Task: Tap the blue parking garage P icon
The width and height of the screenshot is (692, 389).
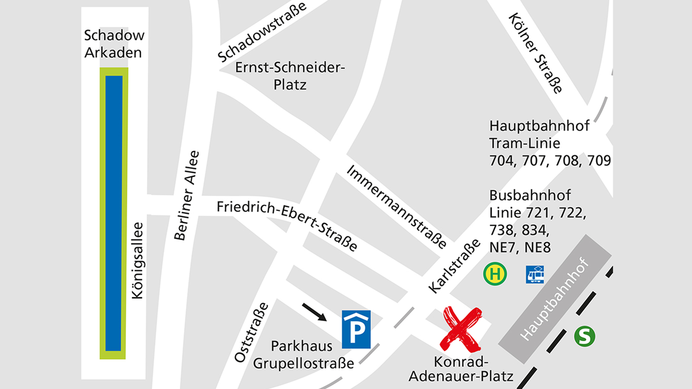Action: tap(356, 329)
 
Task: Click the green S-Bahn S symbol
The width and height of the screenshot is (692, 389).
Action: tap(584, 336)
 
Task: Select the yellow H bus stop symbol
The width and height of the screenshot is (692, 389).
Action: tap(495, 274)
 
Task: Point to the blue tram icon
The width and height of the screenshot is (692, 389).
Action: tap(535, 274)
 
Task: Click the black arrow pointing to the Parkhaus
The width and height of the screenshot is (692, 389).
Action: tap(314, 312)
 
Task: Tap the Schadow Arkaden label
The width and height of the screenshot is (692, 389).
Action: tap(113, 44)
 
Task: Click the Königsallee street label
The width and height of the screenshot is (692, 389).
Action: tap(137, 260)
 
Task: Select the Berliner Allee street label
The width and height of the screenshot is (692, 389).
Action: tap(187, 195)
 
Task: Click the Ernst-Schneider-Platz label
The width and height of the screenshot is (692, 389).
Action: tap(290, 76)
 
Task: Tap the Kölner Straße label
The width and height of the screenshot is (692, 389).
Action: tap(536, 53)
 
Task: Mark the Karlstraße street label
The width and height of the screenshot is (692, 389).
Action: tap(454, 266)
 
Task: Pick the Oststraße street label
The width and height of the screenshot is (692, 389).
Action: tap(251, 332)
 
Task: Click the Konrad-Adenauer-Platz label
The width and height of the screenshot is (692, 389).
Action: tap(460, 368)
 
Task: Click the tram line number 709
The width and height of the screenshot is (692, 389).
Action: tap(599, 160)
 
